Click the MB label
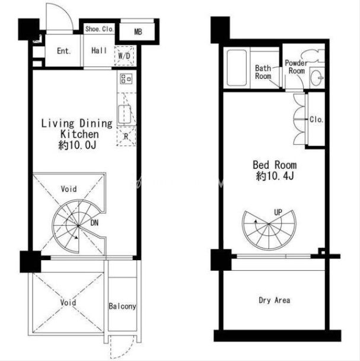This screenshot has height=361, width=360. pyautogui.click(x=138, y=32)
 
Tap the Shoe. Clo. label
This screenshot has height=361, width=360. pyautogui.click(x=100, y=29)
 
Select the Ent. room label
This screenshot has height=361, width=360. pyautogui.click(x=64, y=51)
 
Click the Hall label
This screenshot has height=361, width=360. pyautogui.click(x=99, y=50)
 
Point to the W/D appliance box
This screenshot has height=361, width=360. pyautogui.click(x=124, y=56)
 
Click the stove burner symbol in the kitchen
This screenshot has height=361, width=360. pyautogui.click(x=126, y=78)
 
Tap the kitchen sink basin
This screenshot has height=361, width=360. pyautogui.click(x=125, y=114)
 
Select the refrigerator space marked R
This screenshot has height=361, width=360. pyautogui.click(x=126, y=136)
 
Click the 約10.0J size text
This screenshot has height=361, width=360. pyautogui.click(x=77, y=145)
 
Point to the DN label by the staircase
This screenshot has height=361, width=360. pyautogui.click(x=94, y=223)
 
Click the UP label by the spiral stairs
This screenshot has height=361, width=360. pyautogui.click(x=278, y=212)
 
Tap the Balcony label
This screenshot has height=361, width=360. pyautogui.click(x=122, y=306)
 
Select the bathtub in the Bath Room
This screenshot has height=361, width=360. pyautogui.click(x=237, y=68)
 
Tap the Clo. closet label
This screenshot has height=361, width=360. pyautogui.click(x=316, y=119)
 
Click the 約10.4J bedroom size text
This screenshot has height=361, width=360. pyautogui.click(x=275, y=176)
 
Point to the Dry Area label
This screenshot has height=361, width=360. pyautogui.click(x=275, y=300)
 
